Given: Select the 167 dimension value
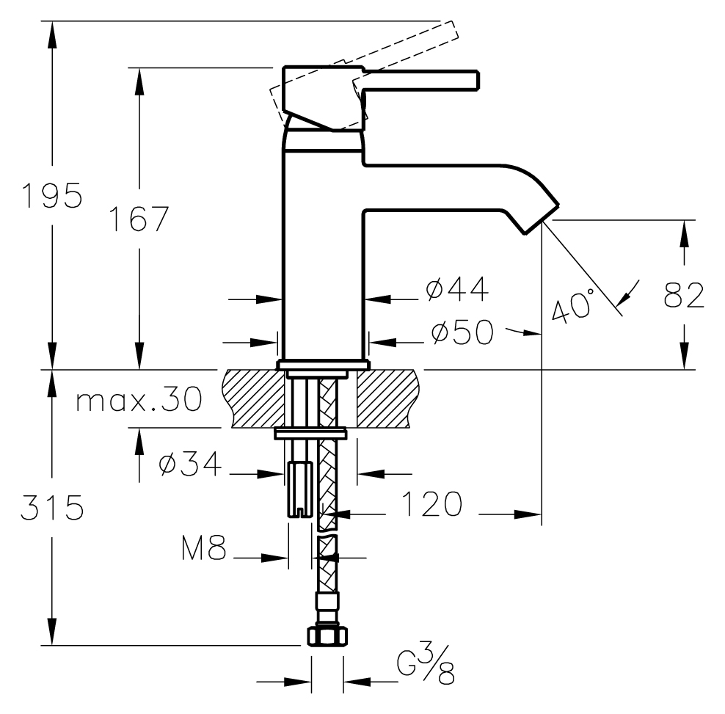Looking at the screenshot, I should click(139, 219).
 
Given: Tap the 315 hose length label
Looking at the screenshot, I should click(51, 507).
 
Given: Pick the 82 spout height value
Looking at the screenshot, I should click(684, 294).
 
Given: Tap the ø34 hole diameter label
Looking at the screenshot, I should click(190, 465).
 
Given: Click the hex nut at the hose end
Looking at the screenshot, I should click(324, 635).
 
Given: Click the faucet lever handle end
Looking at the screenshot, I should click(470, 80).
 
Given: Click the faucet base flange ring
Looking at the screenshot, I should click(323, 364).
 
